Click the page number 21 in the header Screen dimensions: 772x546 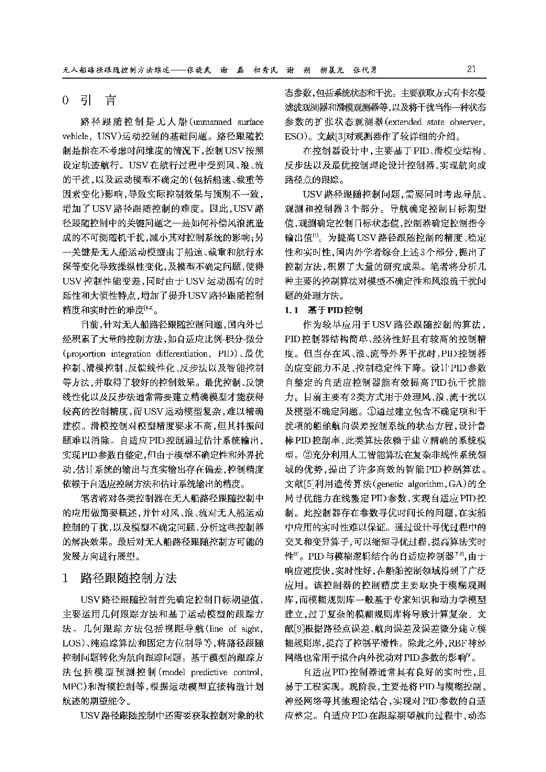[471, 70]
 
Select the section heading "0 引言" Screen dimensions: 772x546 [90, 101]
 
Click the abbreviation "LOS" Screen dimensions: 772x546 [73, 643]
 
